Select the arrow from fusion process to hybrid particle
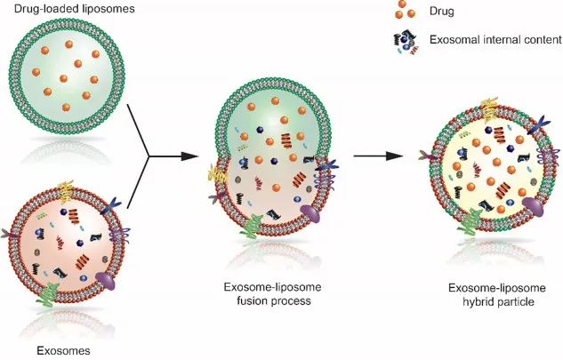point(384,156)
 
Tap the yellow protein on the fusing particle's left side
point(221,174)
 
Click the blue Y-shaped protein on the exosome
point(115,211)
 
